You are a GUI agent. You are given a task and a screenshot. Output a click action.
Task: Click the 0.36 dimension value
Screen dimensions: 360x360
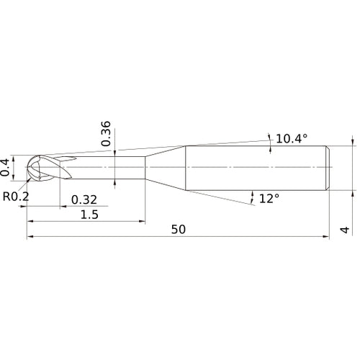click(106, 134)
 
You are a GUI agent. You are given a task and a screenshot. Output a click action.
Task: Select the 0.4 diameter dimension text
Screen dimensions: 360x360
click(6, 166)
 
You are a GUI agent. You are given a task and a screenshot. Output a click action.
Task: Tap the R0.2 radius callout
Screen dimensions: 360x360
click(15, 196)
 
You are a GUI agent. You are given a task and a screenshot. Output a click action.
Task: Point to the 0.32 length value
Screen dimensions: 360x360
click(84, 199)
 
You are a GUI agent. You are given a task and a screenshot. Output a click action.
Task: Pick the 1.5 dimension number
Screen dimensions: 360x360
click(90, 215)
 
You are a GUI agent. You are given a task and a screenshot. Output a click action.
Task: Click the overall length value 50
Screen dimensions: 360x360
click(179, 230)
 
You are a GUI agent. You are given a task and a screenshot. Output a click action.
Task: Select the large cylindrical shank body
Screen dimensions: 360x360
click(256, 168)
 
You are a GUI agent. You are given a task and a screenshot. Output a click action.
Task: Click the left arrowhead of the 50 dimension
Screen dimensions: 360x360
click(30, 237)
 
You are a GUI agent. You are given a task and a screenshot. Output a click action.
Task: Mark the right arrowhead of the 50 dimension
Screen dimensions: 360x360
click(327, 237)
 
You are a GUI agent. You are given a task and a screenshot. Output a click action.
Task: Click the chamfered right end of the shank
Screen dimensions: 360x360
click(328, 168)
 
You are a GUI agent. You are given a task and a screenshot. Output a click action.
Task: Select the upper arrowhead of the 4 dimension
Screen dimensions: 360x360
click(353, 143)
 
